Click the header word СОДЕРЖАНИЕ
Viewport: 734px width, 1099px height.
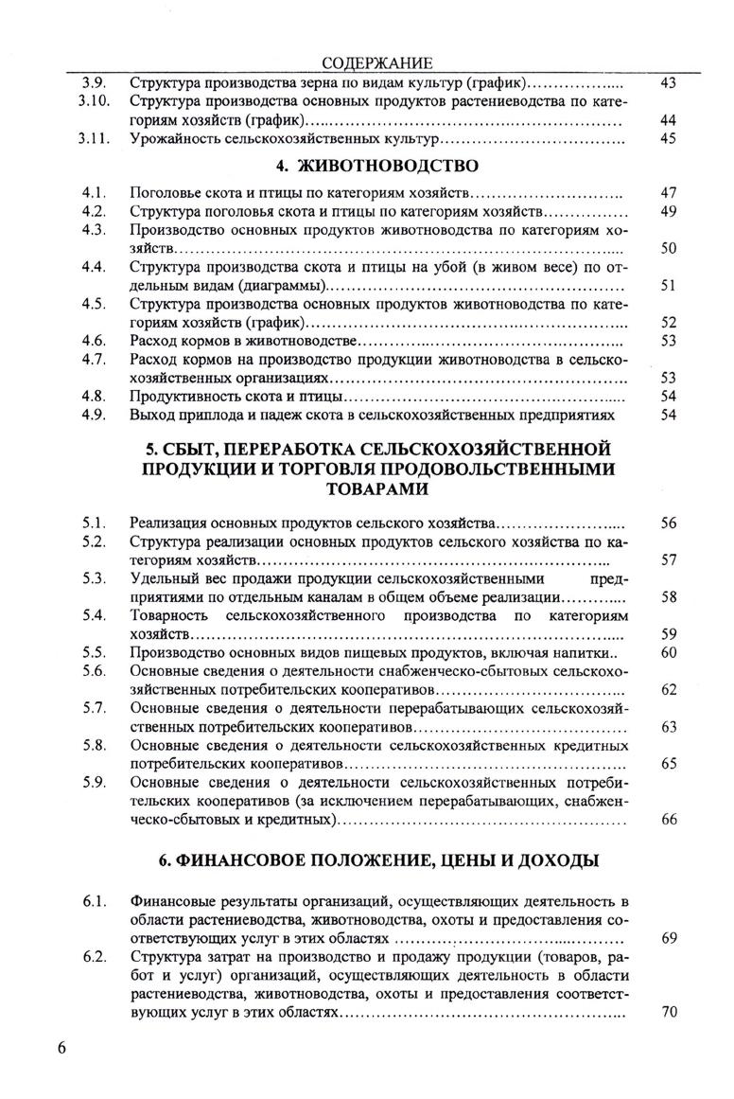pos(376,63)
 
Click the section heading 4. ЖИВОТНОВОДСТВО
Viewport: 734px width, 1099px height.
pos(375,168)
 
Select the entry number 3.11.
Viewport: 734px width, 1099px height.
pos(97,139)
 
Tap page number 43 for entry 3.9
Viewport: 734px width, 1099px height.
pos(668,83)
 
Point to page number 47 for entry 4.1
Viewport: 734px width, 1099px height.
pos(668,193)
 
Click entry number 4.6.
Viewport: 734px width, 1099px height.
pos(93,340)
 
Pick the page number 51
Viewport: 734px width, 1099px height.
pos(668,285)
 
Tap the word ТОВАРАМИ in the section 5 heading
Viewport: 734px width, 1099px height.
pos(376,489)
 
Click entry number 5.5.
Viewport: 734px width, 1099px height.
pos(93,652)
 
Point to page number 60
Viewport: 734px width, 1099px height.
pos(669,652)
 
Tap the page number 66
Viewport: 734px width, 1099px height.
pos(669,820)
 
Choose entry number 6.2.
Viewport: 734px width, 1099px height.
pos(93,957)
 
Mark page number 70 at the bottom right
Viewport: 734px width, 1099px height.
pos(669,1012)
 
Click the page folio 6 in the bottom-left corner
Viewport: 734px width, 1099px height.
pos(61,1049)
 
